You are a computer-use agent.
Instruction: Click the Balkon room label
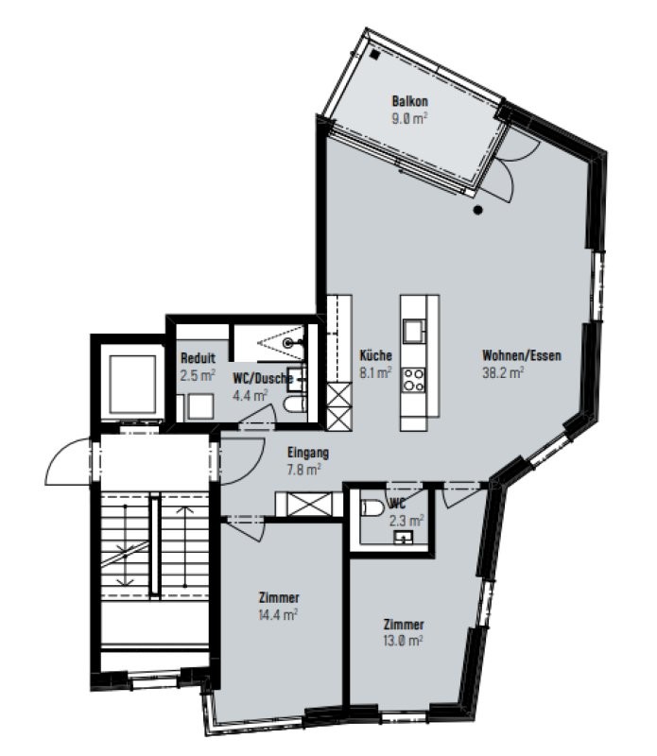click(409, 101)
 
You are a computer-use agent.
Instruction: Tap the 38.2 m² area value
click(503, 372)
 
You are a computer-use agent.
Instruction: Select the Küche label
click(375, 355)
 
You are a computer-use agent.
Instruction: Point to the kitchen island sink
click(414, 332)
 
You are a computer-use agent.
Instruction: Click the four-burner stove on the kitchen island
click(414, 380)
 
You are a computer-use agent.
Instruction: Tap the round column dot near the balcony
click(478, 210)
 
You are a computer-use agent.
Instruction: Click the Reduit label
click(198, 358)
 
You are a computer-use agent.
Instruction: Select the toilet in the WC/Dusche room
click(295, 404)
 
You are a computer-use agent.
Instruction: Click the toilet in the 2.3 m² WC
click(372, 507)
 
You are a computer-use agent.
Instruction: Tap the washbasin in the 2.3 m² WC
click(404, 537)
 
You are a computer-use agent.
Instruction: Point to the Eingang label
click(308, 453)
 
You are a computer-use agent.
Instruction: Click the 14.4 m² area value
click(278, 614)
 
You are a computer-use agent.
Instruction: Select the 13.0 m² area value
click(404, 641)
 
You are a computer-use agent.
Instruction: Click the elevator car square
click(132, 385)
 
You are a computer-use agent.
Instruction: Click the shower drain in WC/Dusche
click(288, 343)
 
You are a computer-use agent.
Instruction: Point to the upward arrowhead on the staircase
click(185, 509)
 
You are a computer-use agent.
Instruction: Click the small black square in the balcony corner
click(375, 55)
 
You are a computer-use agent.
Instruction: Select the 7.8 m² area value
click(303, 469)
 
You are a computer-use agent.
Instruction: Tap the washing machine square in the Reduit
click(200, 406)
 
